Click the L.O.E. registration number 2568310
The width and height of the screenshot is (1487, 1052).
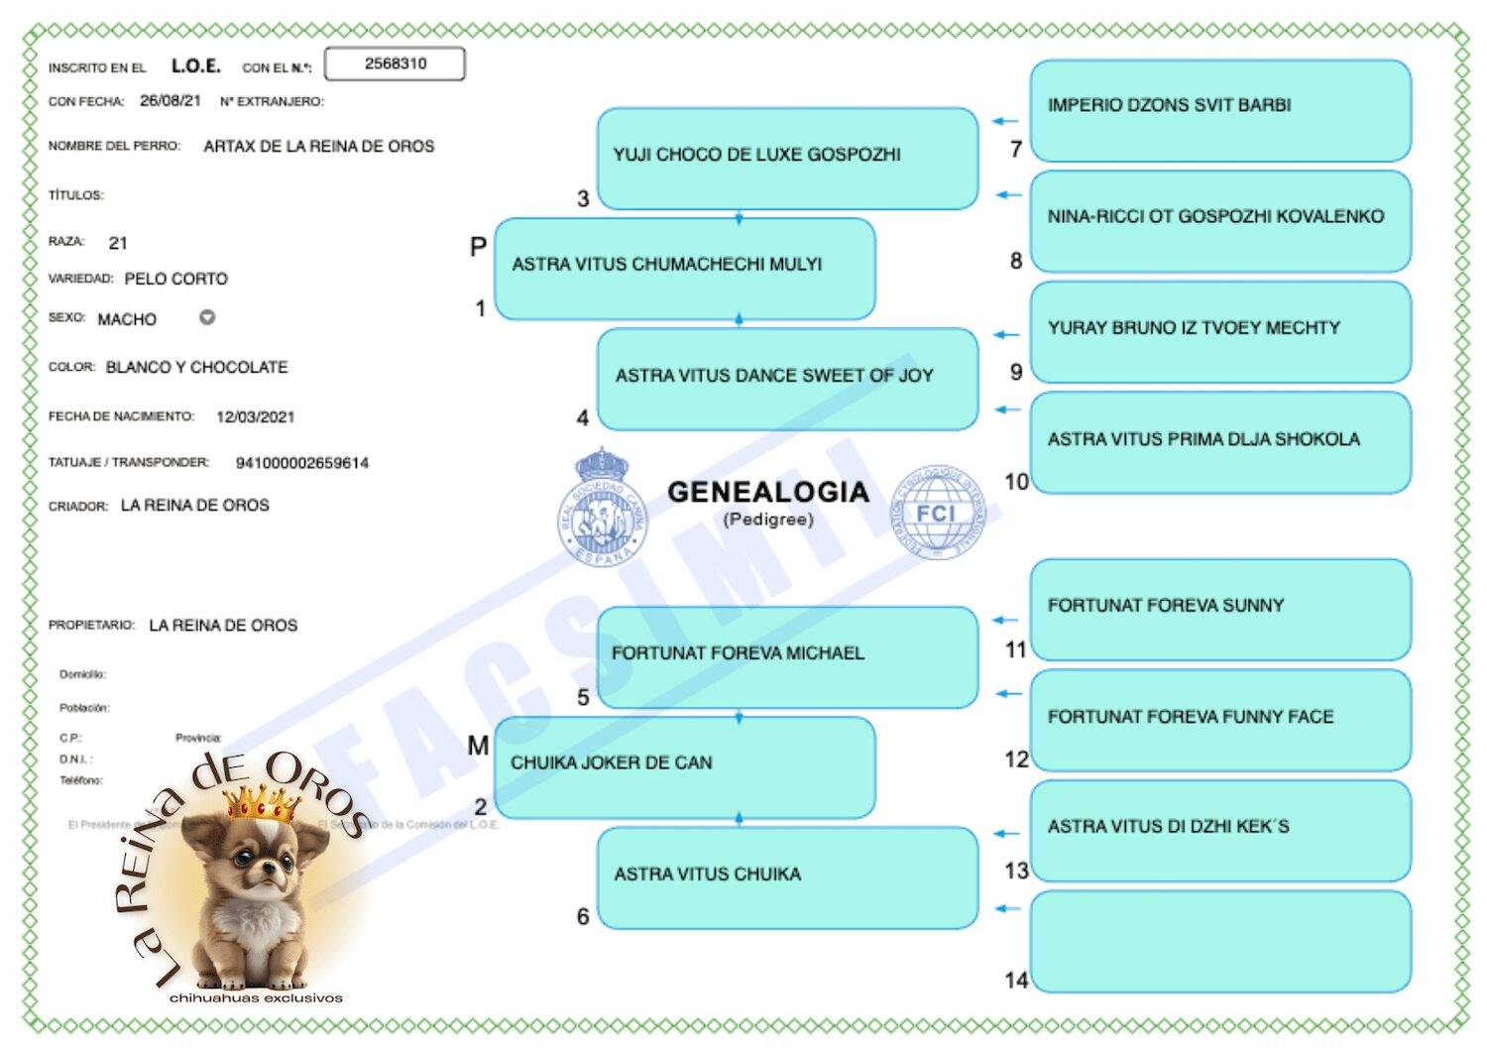tap(395, 63)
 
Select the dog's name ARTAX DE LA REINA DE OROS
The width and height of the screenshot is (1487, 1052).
tap(318, 147)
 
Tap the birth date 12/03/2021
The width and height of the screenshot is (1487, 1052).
tap(255, 417)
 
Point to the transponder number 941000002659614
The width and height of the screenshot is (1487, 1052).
tap(301, 463)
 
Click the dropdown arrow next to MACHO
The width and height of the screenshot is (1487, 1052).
tap(207, 317)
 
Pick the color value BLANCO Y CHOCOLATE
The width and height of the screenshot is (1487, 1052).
tap(196, 368)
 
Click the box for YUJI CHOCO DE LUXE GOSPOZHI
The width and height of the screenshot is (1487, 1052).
tap(787, 157)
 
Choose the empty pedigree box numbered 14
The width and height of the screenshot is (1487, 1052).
tap(1219, 941)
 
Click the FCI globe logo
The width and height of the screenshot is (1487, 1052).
tap(938, 513)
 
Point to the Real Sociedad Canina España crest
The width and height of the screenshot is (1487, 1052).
tap(601, 508)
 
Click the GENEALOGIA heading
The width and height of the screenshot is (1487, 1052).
tap(767, 492)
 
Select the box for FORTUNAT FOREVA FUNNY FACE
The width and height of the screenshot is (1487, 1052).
tap(1219, 718)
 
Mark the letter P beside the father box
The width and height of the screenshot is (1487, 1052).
tap(478, 247)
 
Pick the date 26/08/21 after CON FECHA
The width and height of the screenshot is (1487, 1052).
tap(170, 101)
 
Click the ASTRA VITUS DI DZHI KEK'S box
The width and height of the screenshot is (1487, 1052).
tap(1219, 829)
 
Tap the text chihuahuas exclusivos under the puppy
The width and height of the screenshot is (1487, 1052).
tap(256, 997)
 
